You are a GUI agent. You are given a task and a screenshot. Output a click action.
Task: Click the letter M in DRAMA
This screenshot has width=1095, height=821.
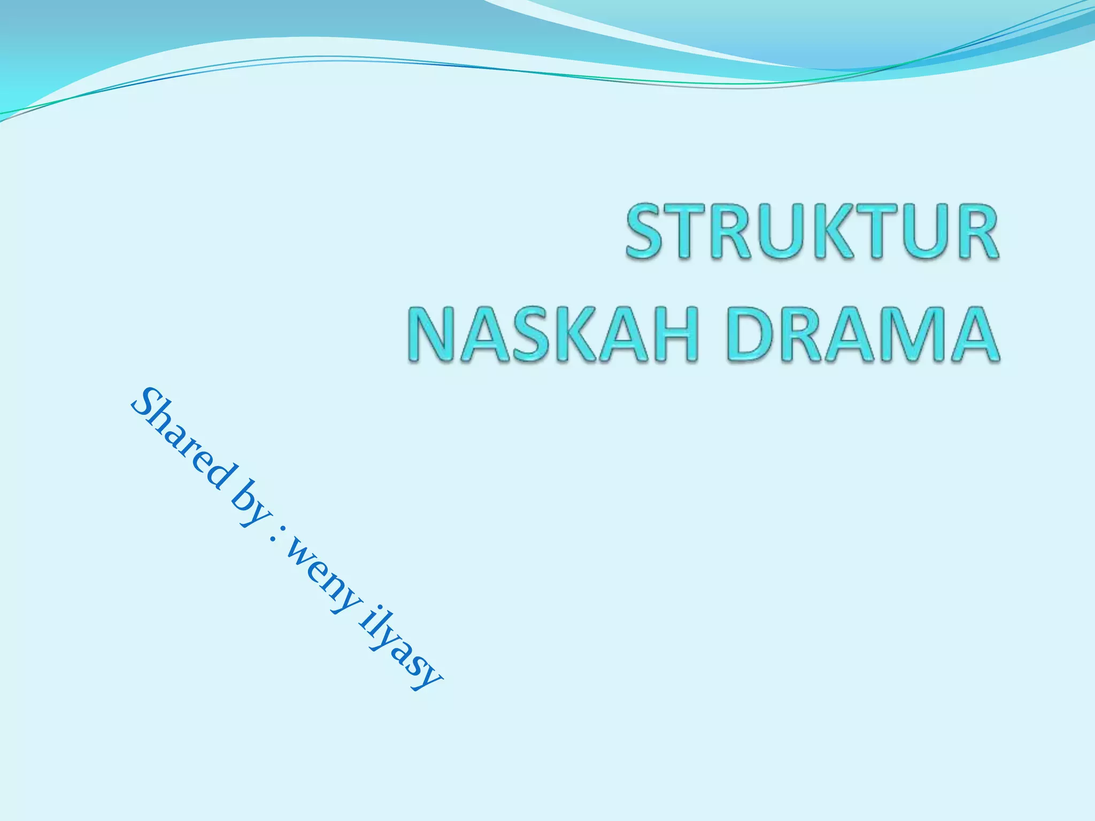click(909, 335)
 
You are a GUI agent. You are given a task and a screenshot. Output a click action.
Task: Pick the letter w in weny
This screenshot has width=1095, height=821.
click(299, 556)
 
